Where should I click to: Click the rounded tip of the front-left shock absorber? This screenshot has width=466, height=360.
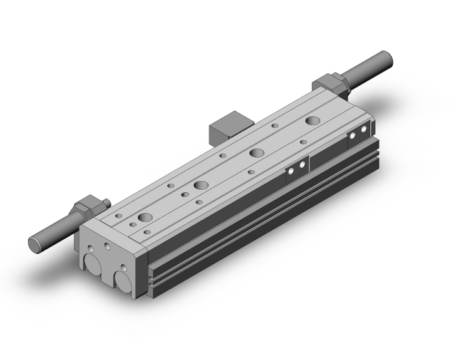33,244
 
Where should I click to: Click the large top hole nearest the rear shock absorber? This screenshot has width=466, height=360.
312,120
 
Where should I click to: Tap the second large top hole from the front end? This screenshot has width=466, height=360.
200,185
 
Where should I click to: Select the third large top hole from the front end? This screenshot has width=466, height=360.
256,152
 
